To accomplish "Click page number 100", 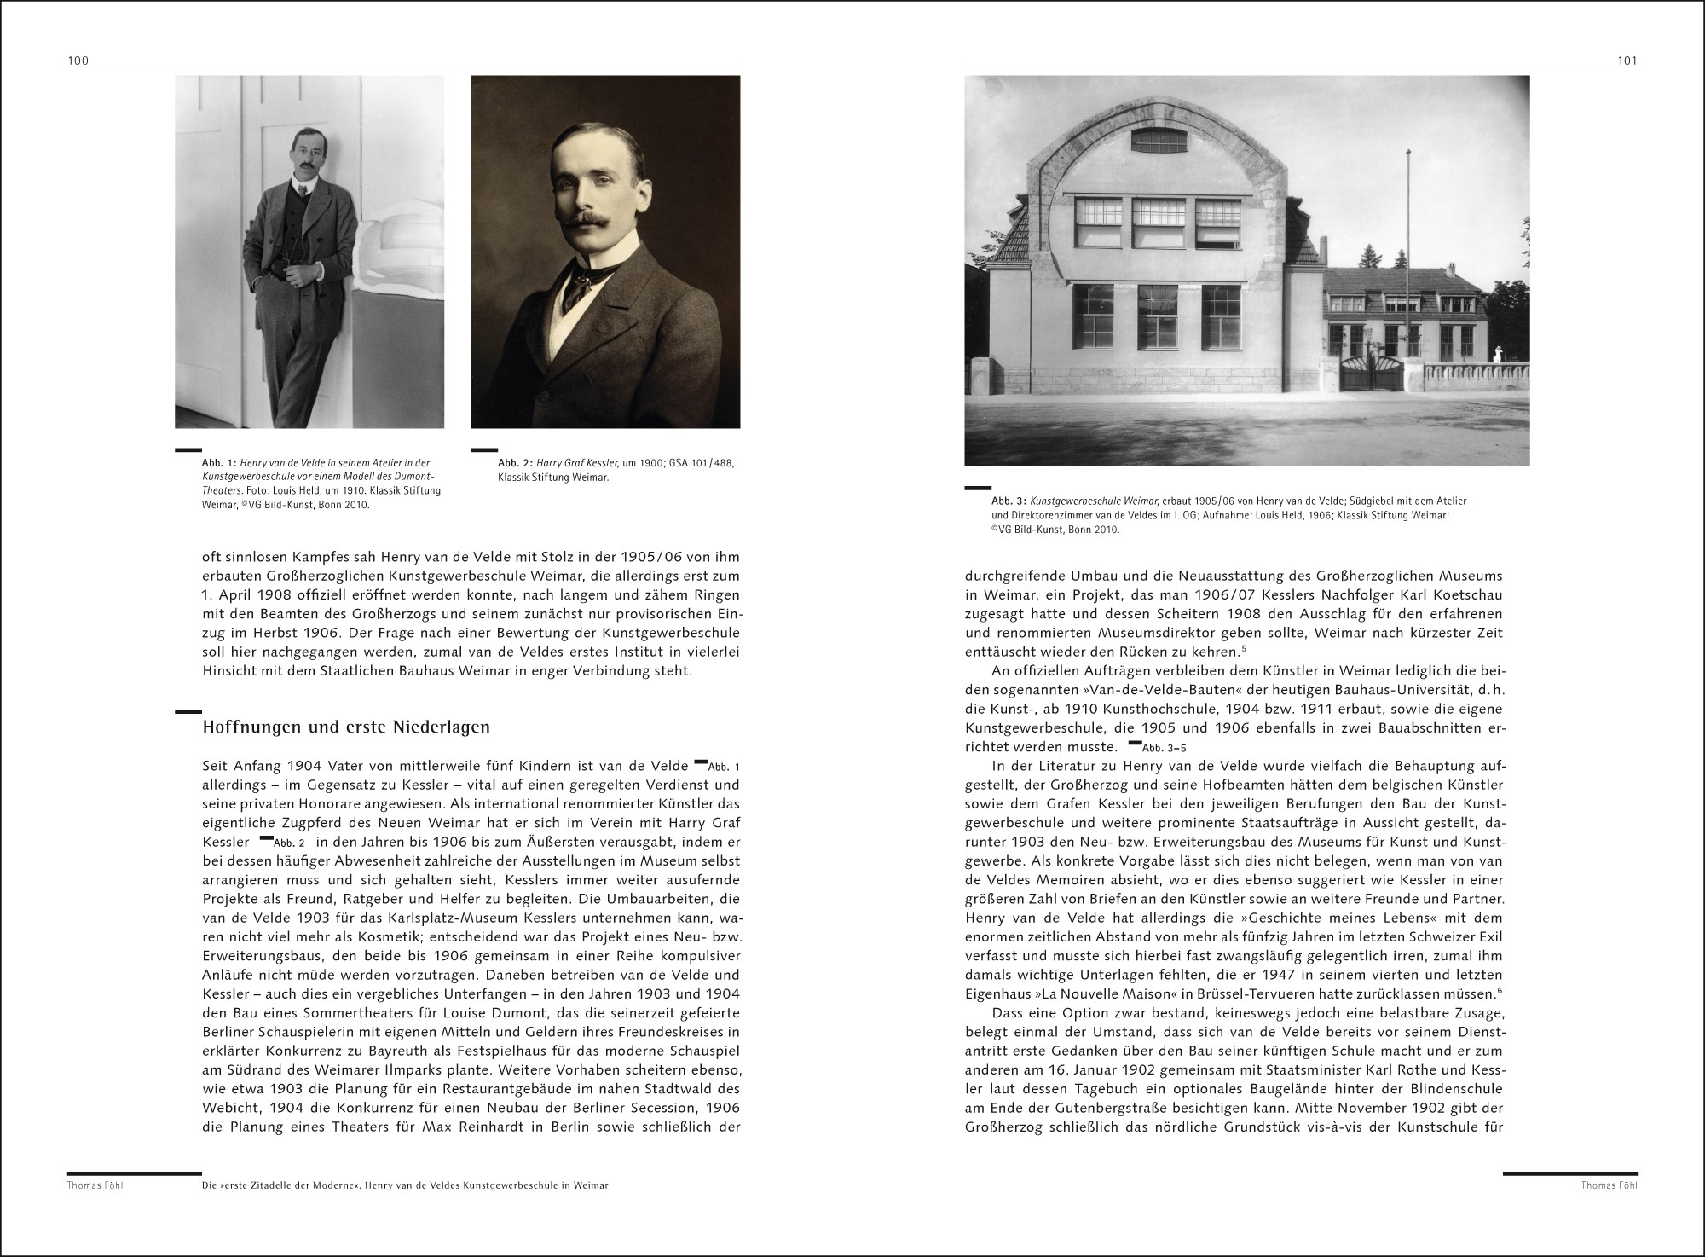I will [x=78, y=61].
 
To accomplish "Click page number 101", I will [x=1627, y=61].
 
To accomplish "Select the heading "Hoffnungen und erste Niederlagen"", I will [x=345, y=727].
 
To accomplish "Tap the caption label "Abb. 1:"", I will [x=219, y=462].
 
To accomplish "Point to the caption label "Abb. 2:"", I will [x=515, y=462].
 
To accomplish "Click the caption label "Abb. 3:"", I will [x=1009, y=501].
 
